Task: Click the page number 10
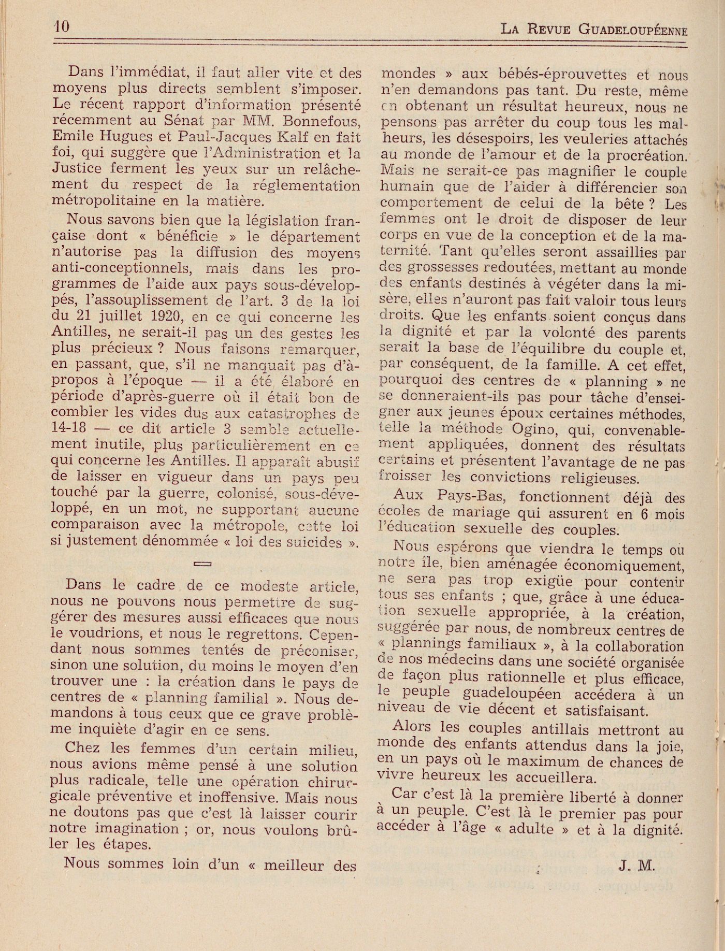pos(61,26)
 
